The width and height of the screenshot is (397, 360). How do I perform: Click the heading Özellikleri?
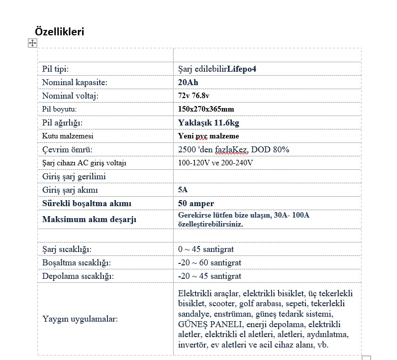click(60, 31)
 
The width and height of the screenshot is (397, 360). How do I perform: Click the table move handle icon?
click(32, 43)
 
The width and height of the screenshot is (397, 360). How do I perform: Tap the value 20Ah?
click(188, 82)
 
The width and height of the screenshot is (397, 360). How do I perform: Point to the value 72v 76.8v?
click(194, 96)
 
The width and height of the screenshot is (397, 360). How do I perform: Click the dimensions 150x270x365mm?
click(206, 109)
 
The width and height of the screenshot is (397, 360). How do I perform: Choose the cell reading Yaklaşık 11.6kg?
click(205, 122)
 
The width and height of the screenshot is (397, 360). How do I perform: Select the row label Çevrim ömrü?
click(67, 149)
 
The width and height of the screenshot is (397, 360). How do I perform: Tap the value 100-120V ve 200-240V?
click(215, 163)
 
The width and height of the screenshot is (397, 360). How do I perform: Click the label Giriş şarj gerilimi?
click(74, 176)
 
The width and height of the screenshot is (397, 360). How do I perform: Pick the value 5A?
click(183, 190)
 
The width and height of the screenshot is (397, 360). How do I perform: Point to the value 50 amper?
click(196, 203)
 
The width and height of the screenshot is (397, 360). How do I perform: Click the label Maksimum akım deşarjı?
click(89, 219)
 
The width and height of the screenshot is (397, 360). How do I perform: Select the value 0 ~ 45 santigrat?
click(206, 249)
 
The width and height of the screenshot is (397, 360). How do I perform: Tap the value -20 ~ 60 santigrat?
click(209, 262)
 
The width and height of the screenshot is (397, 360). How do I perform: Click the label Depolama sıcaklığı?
click(78, 276)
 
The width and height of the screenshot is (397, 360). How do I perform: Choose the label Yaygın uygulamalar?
click(80, 319)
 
